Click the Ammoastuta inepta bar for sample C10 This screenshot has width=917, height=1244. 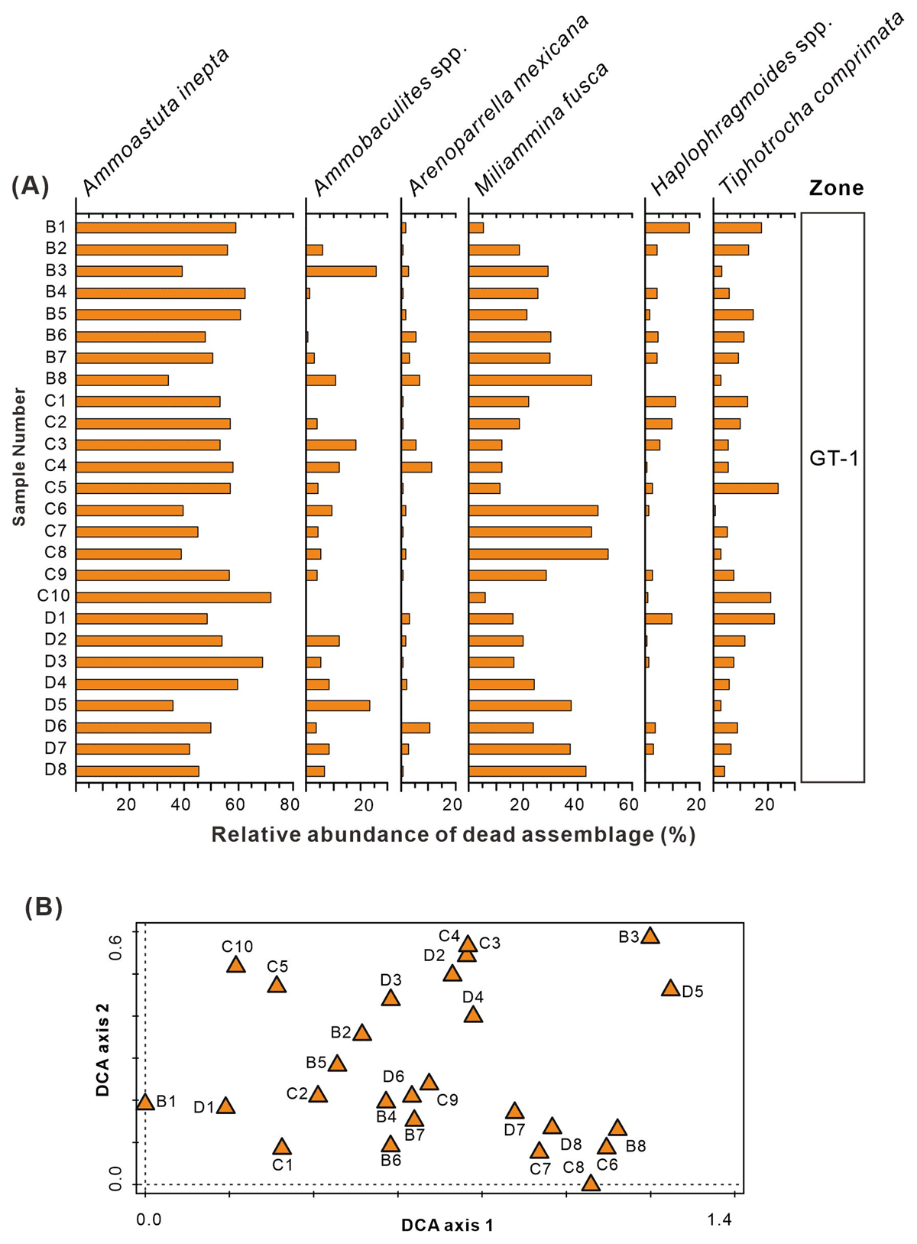173,597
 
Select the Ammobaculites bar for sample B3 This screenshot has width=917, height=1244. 341,271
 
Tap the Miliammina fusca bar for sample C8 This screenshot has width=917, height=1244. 538,554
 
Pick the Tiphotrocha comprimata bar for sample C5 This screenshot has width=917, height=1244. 746,488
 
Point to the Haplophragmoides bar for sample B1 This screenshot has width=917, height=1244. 667,227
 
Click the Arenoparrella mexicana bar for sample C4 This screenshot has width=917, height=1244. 416,466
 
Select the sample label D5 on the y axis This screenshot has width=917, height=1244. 56,705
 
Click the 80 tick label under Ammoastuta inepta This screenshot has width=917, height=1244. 290,804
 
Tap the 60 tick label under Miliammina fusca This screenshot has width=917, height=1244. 628,804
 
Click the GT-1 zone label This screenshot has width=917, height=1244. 834,459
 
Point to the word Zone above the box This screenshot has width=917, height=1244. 837,188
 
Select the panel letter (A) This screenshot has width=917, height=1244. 30,186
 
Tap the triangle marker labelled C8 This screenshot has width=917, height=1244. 591,1184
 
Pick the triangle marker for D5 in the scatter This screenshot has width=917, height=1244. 670,989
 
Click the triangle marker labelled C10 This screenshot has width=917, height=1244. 236,965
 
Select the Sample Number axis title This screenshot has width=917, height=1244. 19,457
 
